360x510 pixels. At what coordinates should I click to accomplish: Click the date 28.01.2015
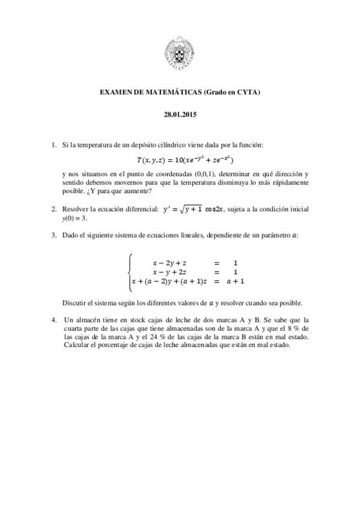coord(180,114)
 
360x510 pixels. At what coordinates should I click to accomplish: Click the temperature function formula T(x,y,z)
coord(185,160)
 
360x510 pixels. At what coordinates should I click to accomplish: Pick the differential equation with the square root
coord(194,209)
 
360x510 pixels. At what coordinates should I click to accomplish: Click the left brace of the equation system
coord(129,272)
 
